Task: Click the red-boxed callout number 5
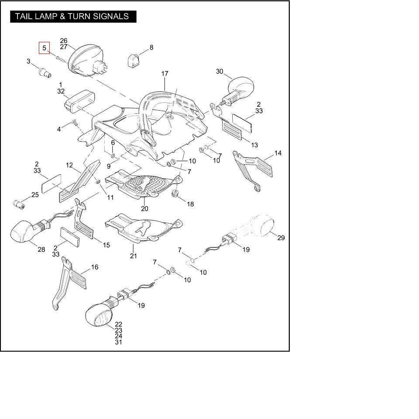pos(44,48)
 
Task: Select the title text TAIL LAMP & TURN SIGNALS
pos(72,17)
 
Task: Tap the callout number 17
pos(165,74)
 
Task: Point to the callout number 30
pos(220,71)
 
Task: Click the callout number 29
pos(281,238)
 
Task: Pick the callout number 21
pos(133,256)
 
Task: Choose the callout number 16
pos(94,267)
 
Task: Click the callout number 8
pos(151,47)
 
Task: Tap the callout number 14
pos(278,153)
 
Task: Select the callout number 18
pos(190,204)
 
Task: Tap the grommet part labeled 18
pos(176,193)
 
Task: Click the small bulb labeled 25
pos(19,204)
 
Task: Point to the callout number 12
pos(69,165)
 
